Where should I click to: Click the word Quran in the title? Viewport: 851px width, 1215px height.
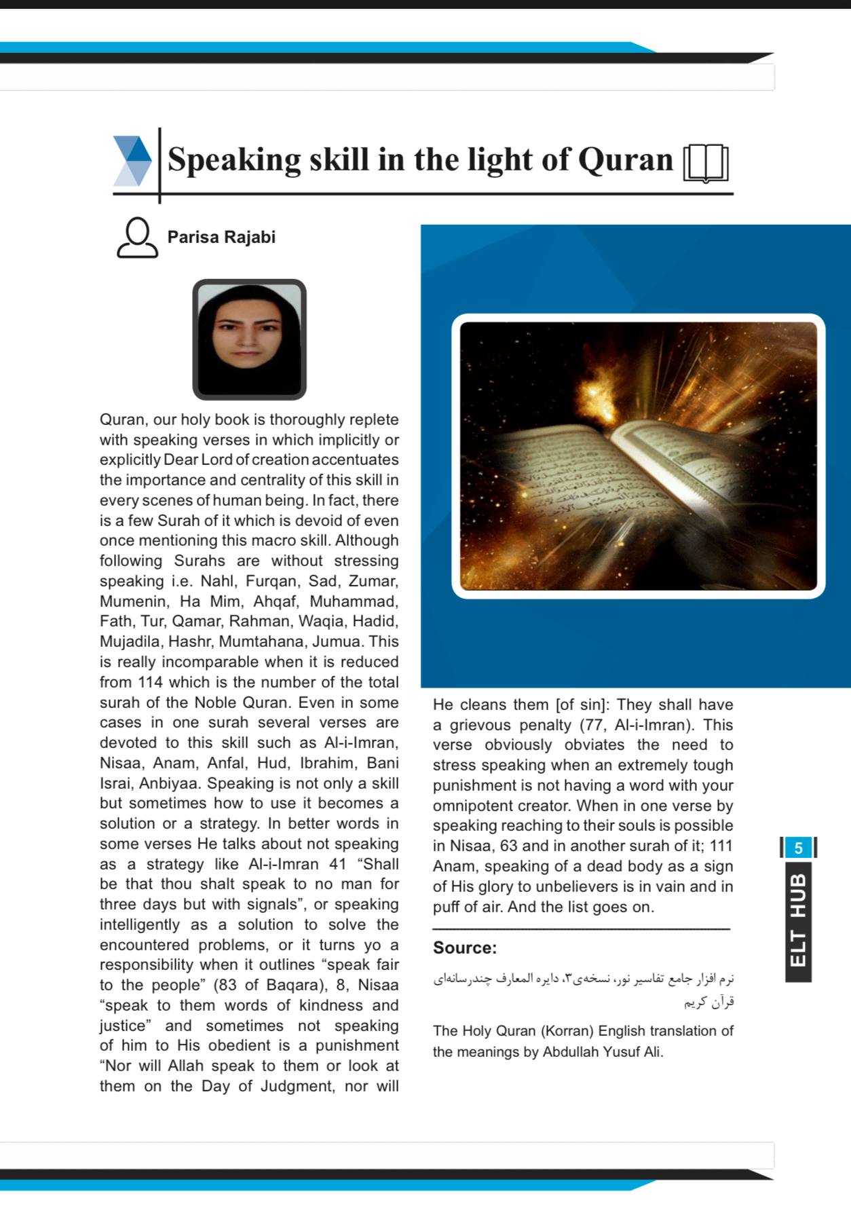624,160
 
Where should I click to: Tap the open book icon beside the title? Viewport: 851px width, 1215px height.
706,164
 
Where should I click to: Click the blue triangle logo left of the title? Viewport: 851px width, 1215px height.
133,161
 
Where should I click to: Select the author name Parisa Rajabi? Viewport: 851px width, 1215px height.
221,238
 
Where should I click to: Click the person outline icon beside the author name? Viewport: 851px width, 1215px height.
137,238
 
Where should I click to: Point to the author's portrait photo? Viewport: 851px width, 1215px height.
249,339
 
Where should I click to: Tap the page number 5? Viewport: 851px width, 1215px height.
798,848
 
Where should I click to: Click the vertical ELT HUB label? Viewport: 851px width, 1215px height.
798,920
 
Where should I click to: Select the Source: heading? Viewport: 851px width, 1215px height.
465,948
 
